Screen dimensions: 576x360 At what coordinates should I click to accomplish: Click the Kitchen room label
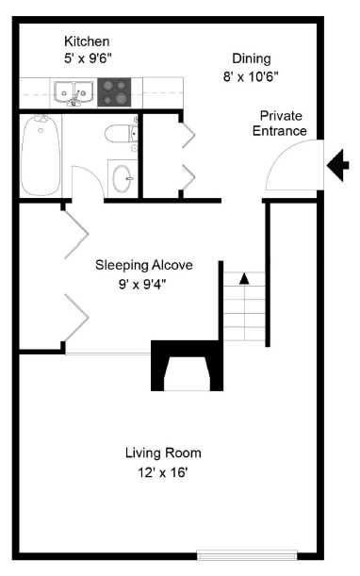(x=87, y=41)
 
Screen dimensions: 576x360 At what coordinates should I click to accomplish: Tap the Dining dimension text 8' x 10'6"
(x=251, y=75)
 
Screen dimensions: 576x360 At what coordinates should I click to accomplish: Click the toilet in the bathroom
(x=122, y=135)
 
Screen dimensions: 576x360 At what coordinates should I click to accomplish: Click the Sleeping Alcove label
(x=144, y=264)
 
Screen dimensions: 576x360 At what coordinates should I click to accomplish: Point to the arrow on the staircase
(x=244, y=278)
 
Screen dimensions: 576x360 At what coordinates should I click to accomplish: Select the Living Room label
(x=163, y=453)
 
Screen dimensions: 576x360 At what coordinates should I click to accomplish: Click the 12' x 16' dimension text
(x=163, y=470)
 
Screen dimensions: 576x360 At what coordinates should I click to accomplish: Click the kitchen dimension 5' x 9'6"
(x=87, y=58)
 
